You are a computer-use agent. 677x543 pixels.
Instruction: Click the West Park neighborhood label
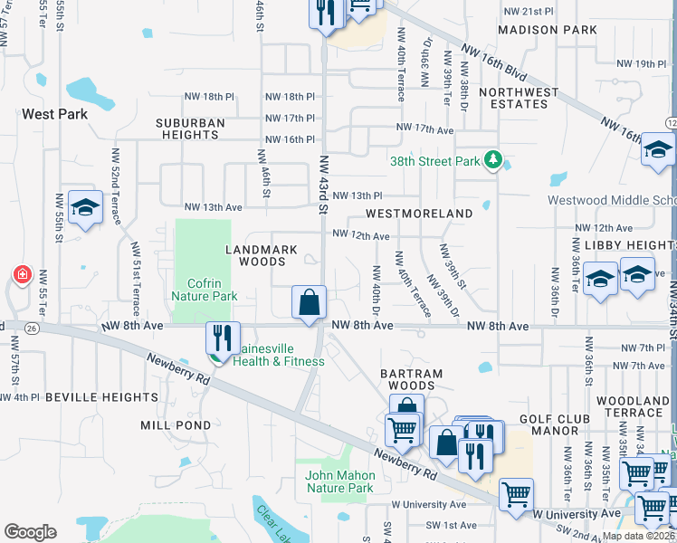(54, 114)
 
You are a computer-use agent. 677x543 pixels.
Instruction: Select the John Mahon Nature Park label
(339, 481)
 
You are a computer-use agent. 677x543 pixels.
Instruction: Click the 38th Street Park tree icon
(492, 161)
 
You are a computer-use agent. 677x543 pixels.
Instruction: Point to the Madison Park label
(548, 30)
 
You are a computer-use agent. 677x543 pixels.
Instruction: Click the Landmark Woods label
(256, 254)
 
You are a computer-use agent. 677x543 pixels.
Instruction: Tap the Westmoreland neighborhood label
(419, 214)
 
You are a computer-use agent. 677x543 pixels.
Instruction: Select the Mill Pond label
(176, 424)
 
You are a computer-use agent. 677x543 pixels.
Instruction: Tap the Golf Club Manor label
(556, 424)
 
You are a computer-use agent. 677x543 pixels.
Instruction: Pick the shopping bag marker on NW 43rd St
(309, 301)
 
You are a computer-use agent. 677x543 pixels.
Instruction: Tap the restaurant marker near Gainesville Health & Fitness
(223, 338)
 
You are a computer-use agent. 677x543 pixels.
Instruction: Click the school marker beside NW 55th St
(85, 208)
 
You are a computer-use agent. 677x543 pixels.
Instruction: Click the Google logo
(30, 532)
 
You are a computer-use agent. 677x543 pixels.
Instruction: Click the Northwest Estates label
(519, 98)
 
